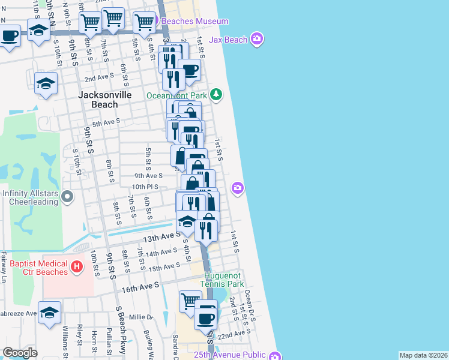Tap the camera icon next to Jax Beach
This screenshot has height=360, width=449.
258,39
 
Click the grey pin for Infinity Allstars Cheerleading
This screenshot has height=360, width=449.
67,196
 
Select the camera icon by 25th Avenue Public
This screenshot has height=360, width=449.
274,356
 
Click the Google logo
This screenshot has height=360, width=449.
20,353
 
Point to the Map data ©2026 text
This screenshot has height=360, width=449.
423,355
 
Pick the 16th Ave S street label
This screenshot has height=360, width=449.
139,288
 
